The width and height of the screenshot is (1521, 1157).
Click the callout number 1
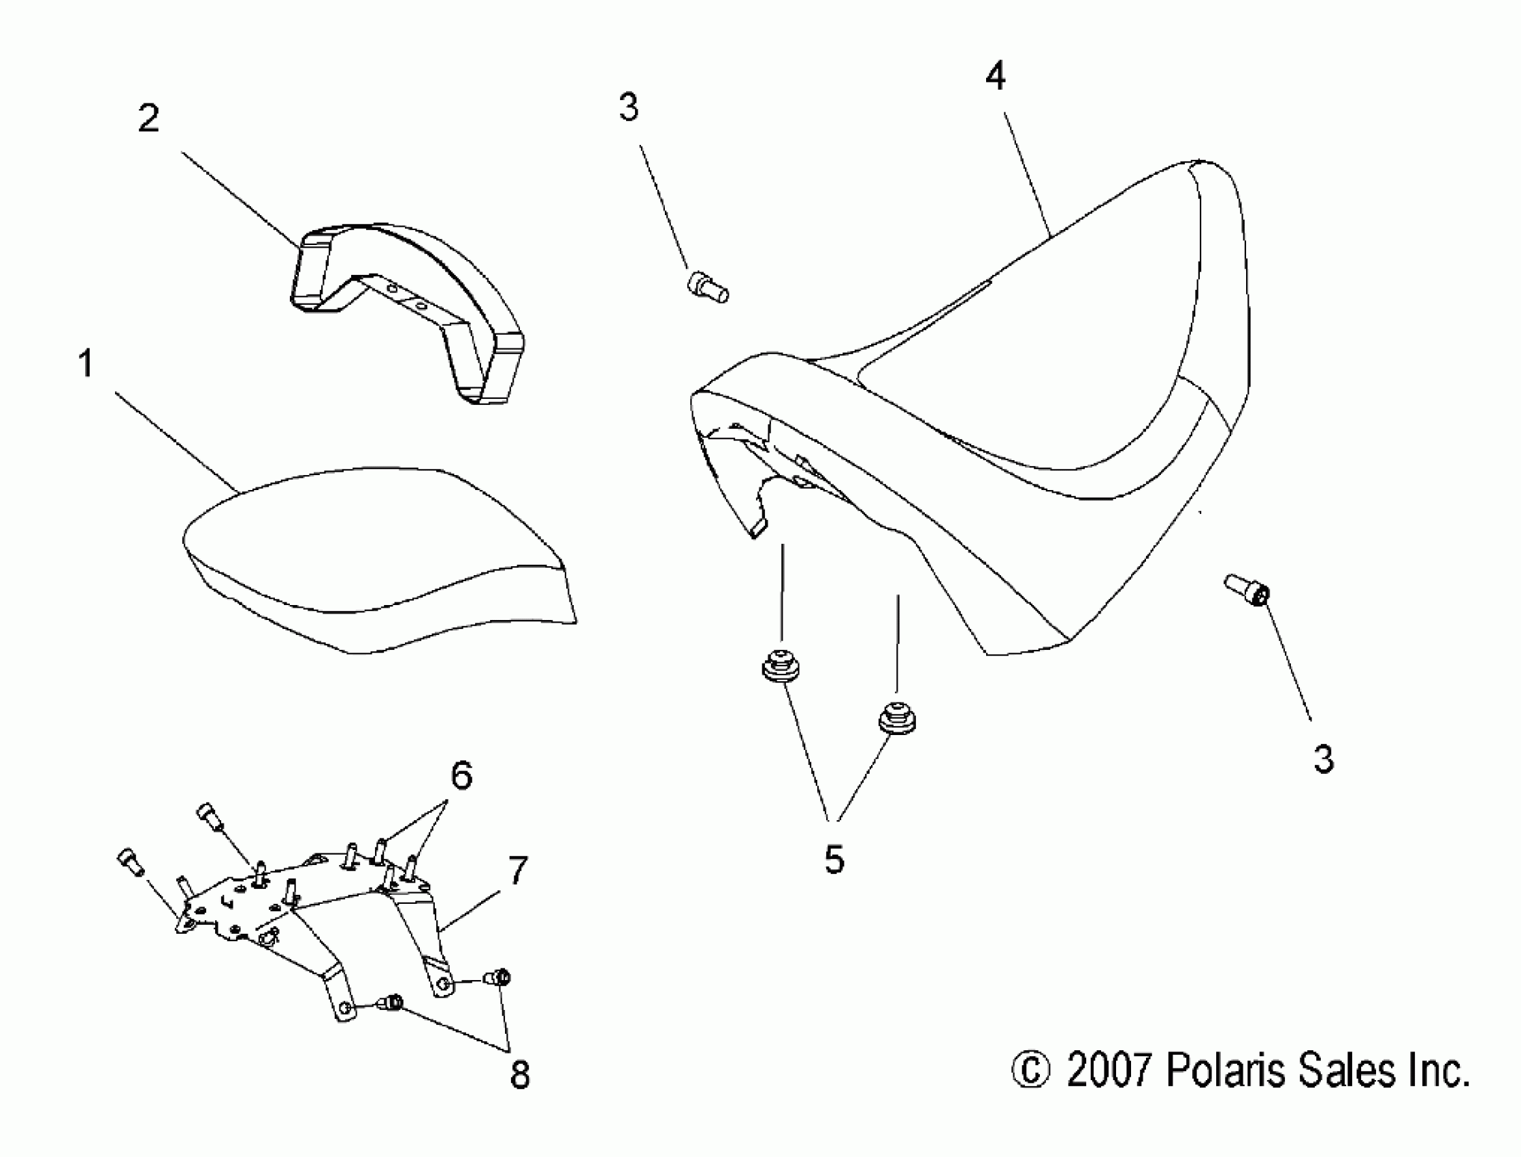[x=86, y=363]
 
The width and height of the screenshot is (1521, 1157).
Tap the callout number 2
[x=149, y=118]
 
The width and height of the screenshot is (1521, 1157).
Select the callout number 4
[x=996, y=76]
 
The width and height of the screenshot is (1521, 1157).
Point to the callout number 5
[x=834, y=860]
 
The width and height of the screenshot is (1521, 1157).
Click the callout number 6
[x=461, y=775]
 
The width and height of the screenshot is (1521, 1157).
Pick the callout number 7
[x=517, y=870]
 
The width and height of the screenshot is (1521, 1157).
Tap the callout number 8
[x=520, y=1074]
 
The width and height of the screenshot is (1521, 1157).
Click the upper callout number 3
[x=629, y=108]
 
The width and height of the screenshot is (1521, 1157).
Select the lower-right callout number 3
[x=1324, y=759]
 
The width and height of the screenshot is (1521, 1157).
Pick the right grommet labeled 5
[x=896, y=718]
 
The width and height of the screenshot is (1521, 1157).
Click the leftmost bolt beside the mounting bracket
[x=129, y=862]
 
